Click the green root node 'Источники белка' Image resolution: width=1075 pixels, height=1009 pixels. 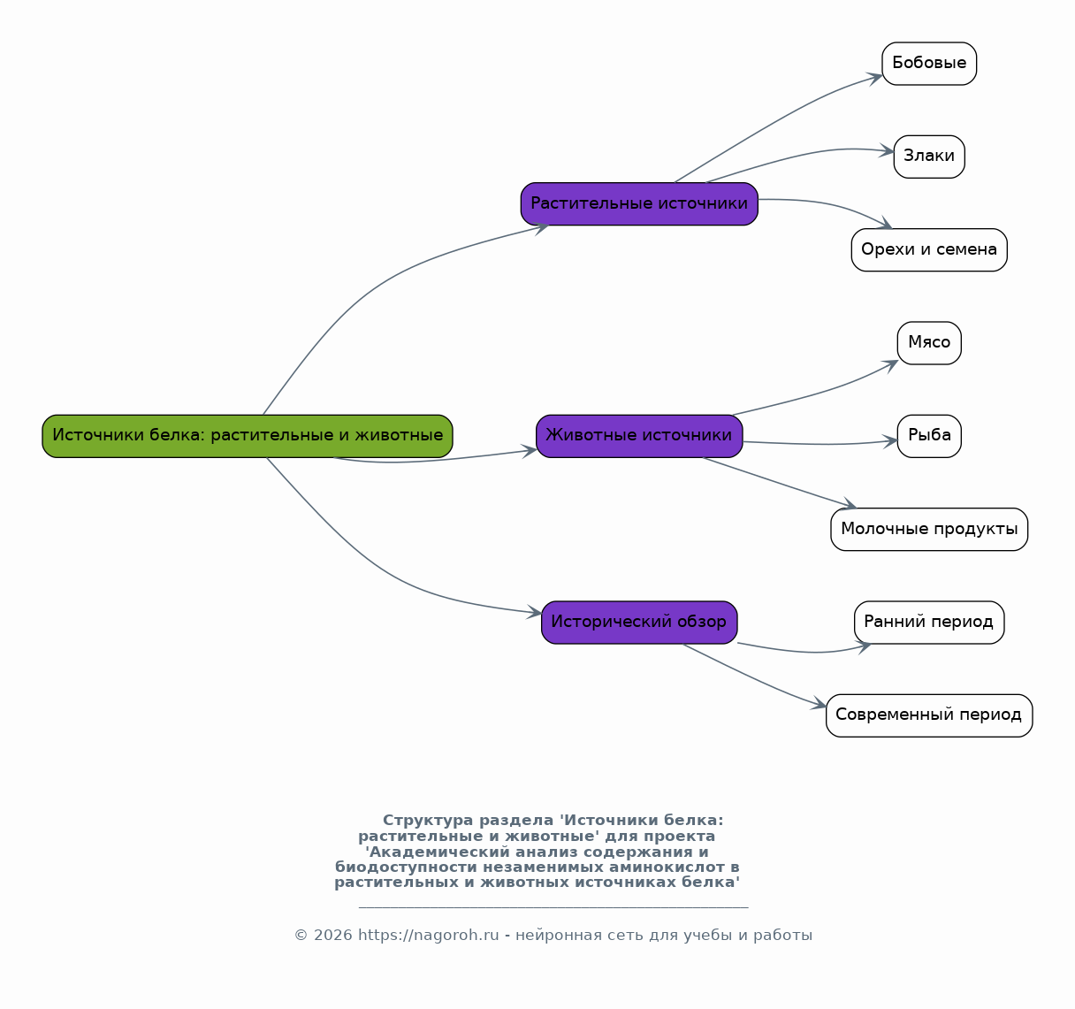pyautogui.click(x=248, y=436)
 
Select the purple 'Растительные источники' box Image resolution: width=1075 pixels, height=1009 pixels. pyautogui.click(x=639, y=203)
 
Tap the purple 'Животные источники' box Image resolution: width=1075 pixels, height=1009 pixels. pyautogui.click(x=639, y=436)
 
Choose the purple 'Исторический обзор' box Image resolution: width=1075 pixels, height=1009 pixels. pyautogui.click(x=639, y=623)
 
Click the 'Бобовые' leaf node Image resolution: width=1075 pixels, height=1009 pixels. pyautogui.click(x=929, y=64)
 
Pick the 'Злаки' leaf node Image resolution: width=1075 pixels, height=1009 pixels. pyautogui.click(x=929, y=157)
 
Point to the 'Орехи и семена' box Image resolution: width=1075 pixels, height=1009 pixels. pyautogui.click(x=929, y=249)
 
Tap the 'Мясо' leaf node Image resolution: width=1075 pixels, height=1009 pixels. pyautogui.click(x=929, y=343)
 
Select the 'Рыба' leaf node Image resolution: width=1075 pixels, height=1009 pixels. pyautogui.click(x=929, y=436)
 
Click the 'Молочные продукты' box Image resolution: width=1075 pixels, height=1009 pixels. pyautogui.click(x=929, y=529)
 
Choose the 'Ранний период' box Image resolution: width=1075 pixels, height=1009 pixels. pyautogui.click(x=929, y=623)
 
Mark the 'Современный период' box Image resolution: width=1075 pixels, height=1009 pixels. pyautogui.click(x=929, y=715)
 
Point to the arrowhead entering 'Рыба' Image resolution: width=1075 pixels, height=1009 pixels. pyautogui.click(x=890, y=441)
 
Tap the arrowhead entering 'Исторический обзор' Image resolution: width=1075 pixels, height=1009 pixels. pyautogui.click(x=535, y=612)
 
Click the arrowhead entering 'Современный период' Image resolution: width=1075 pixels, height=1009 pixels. pyautogui.click(x=819, y=704)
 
